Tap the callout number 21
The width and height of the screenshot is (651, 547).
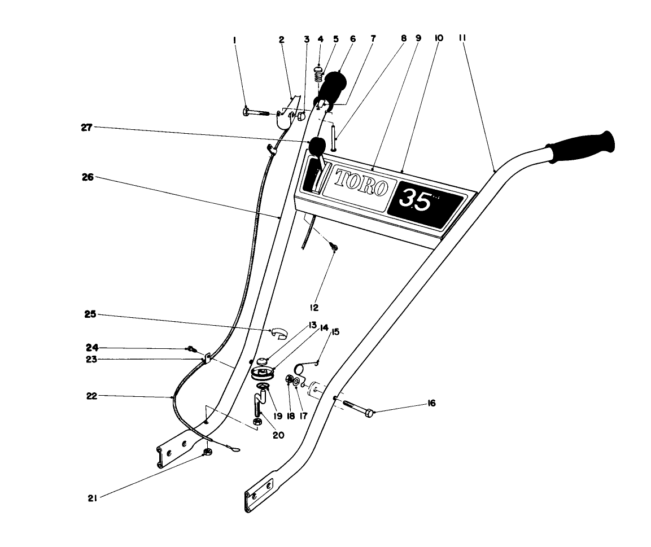[91, 497]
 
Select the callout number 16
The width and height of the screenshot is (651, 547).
[432, 404]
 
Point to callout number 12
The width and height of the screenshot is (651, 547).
[314, 307]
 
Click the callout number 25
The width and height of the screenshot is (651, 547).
[90, 314]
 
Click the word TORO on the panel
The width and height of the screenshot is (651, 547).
[361, 182]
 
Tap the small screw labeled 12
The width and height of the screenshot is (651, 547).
[334, 247]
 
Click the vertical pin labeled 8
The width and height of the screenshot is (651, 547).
[334, 138]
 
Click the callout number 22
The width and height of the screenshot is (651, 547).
[91, 396]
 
